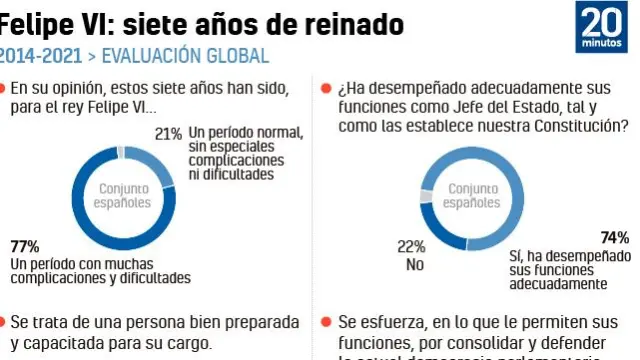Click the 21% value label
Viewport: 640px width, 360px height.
pyautogui.click(x=167, y=133)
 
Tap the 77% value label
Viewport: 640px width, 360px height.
pyautogui.click(x=25, y=246)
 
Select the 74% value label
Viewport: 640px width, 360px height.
pyautogui.click(x=615, y=237)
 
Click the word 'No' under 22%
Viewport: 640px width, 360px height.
pyautogui.click(x=415, y=265)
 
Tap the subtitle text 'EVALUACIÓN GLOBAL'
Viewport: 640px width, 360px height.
pyautogui.click(x=185, y=55)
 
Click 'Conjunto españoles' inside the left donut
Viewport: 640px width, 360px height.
pyautogui.click(x=124, y=195)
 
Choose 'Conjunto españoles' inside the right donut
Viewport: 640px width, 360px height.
pyautogui.click(x=471, y=195)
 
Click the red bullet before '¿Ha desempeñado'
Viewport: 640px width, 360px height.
pyautogui.click(x=326, y=89)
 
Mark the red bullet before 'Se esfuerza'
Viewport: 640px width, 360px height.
pyautogui.click(x=326, y=322)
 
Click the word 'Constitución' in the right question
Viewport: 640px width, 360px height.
pyautogui.click(x=578, y=127)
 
